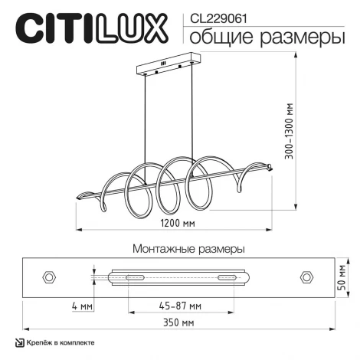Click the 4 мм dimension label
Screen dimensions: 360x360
point(82,306)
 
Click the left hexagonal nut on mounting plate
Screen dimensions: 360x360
point(51,275)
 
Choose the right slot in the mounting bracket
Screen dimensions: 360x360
point(227,276)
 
